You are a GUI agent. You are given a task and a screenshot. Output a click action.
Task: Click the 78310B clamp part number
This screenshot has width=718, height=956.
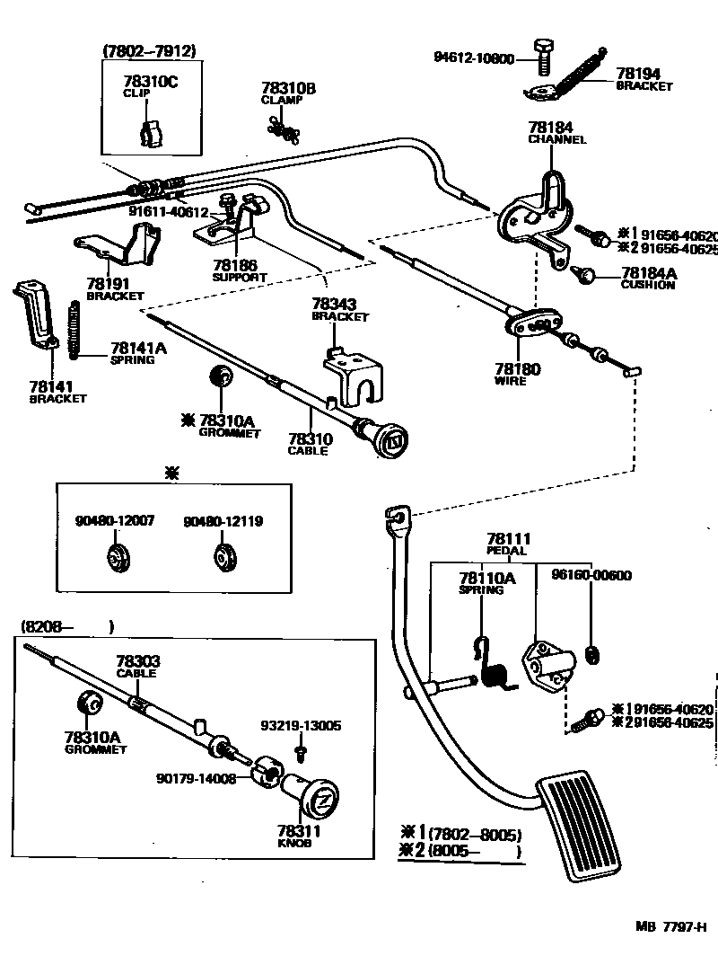(288, 88)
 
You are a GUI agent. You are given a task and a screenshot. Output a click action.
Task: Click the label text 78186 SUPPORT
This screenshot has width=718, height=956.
(236, 270)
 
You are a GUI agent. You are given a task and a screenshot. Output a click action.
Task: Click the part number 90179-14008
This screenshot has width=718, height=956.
(196, 779)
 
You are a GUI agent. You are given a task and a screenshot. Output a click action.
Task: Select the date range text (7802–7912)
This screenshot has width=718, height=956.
(149, 51)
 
